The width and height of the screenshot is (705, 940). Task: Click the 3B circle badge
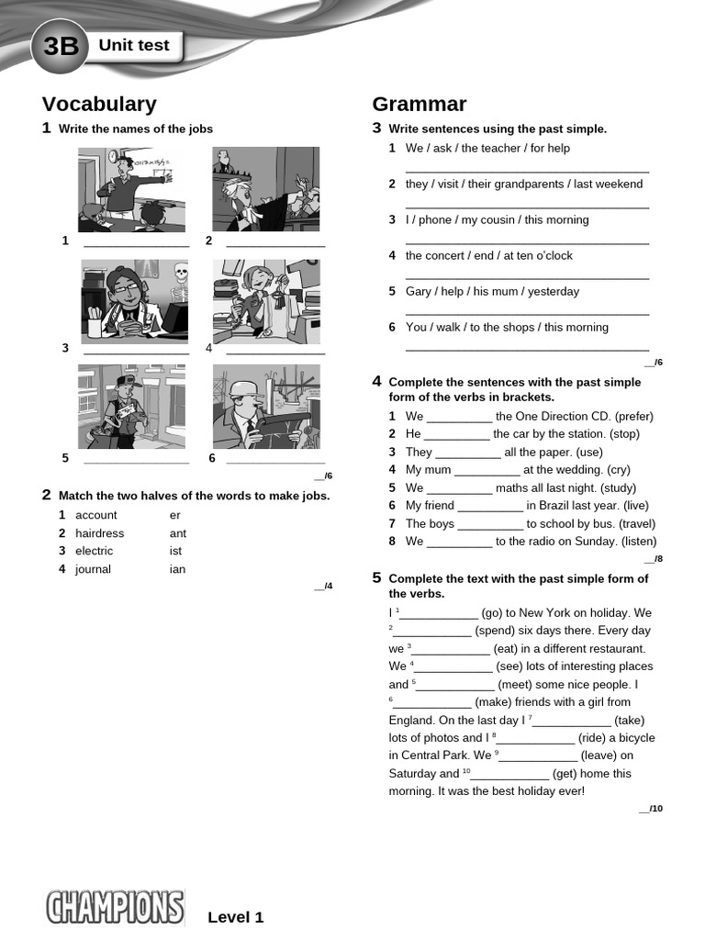60,46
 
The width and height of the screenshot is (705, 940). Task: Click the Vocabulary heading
99,105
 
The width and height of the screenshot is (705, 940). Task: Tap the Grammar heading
420,105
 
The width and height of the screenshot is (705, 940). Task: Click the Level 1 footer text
236,917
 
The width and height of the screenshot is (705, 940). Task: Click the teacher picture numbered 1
131,190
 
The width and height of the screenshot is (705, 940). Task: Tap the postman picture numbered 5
131,407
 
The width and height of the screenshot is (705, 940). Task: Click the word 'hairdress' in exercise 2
99,533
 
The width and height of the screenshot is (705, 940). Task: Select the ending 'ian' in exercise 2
177,569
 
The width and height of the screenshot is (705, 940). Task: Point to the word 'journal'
93,569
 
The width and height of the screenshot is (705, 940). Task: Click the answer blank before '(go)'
439,614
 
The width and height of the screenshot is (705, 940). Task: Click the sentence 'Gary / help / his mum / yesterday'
492,292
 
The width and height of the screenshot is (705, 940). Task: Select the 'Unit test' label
134,45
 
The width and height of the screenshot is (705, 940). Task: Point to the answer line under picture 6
275,461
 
